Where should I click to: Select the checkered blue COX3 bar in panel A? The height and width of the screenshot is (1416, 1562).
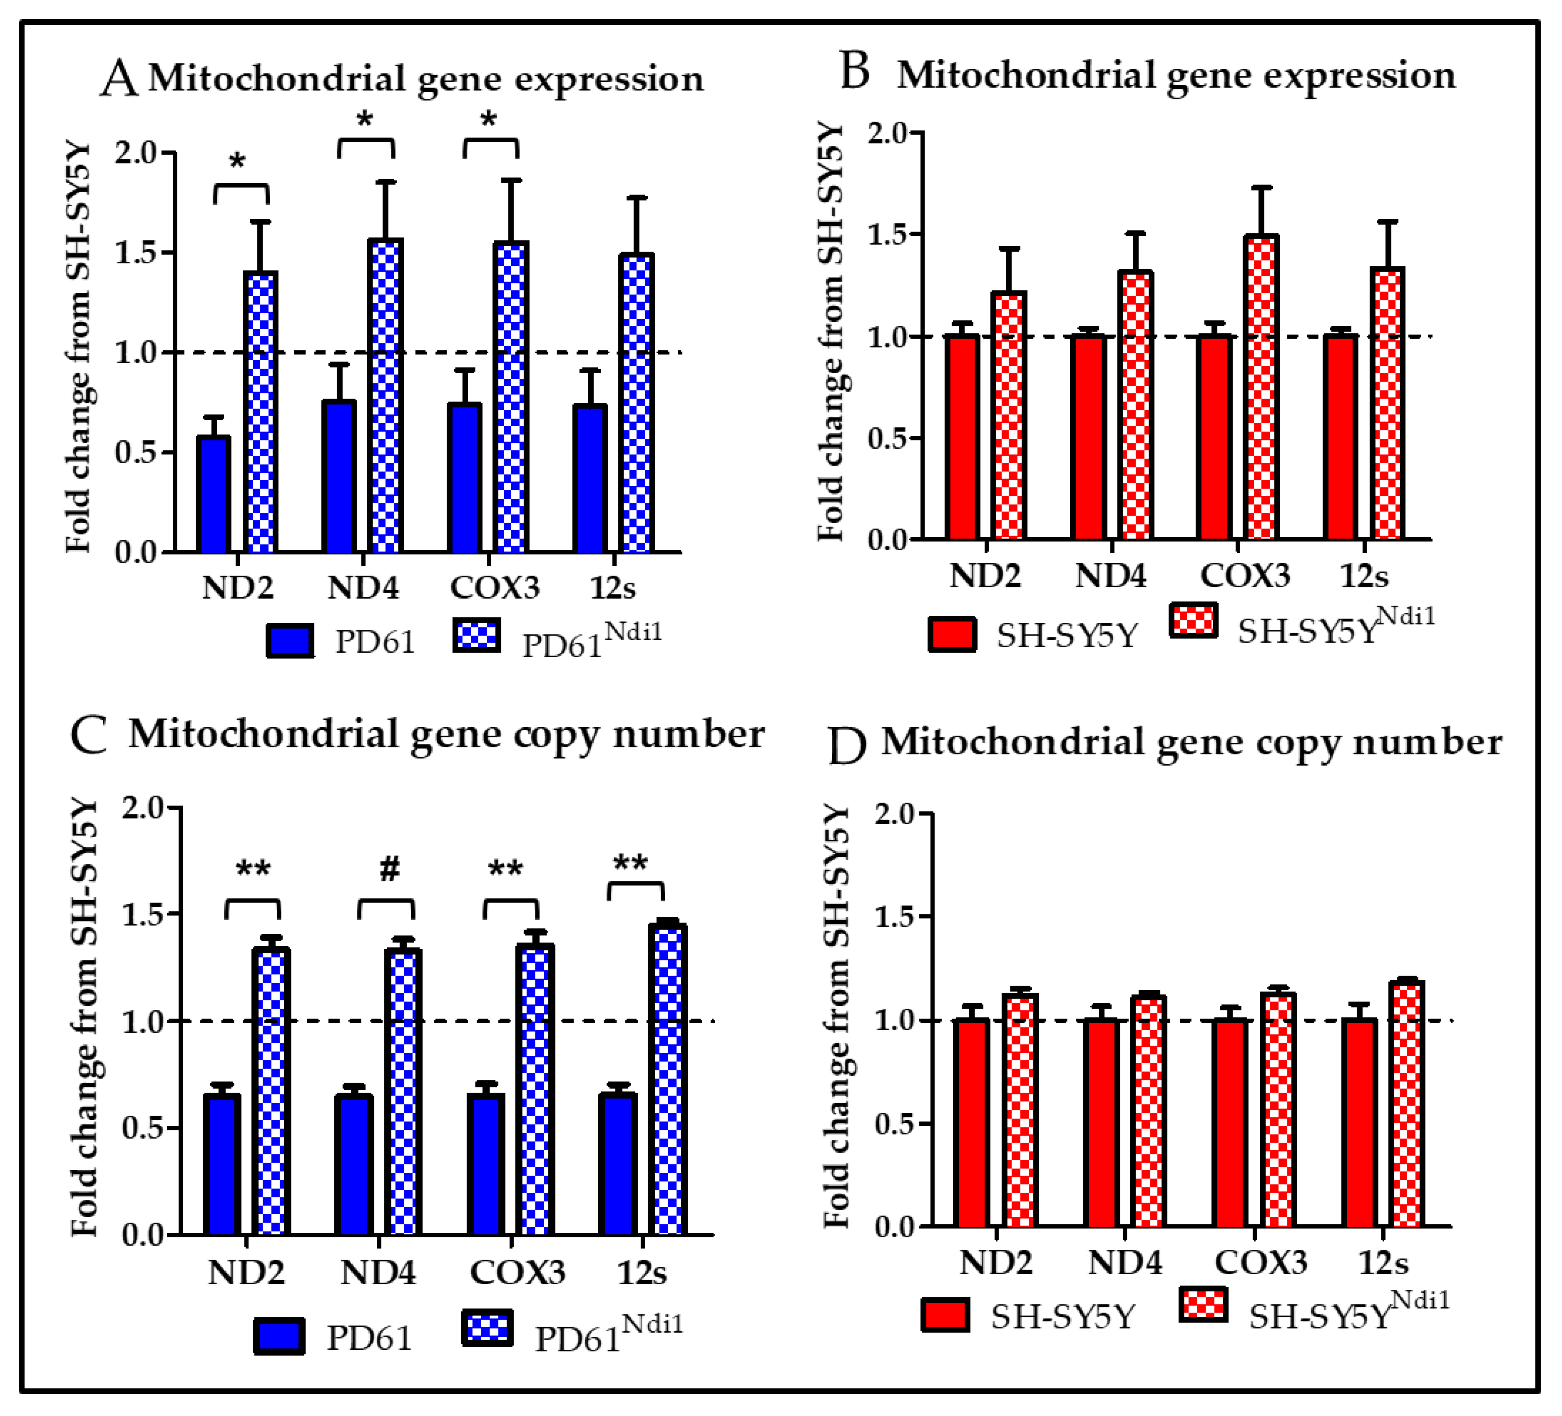pos(511,397)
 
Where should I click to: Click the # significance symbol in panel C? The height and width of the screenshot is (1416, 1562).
pos(389,869)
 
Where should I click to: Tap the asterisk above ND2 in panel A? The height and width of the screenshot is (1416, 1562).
pos(237,161)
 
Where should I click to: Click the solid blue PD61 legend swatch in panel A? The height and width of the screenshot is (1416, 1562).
pos(290,640)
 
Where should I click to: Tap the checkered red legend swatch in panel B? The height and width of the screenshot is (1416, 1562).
pos(1193,620)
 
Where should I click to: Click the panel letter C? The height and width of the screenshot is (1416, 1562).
pos(88,734)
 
